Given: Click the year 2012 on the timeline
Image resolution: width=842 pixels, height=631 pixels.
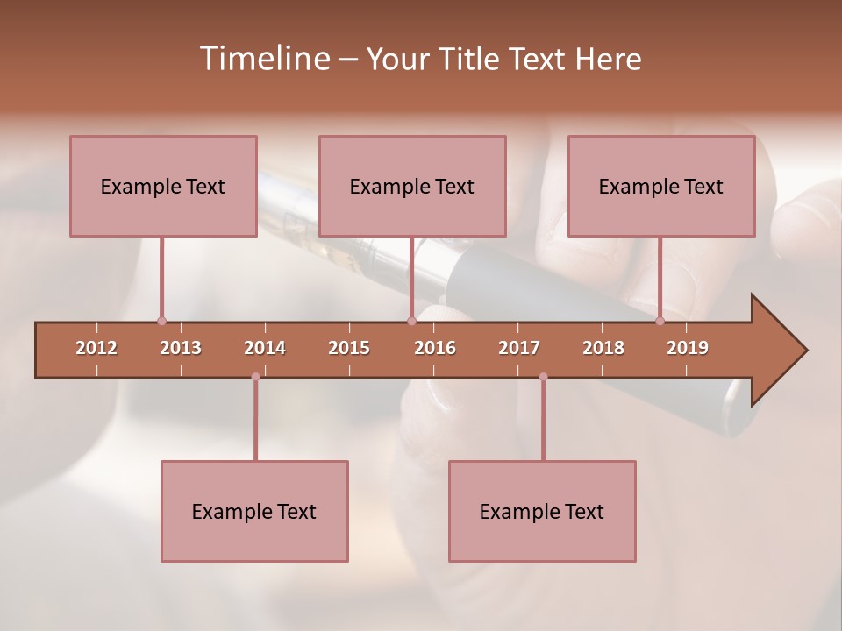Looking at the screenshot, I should click(x=96, y=348).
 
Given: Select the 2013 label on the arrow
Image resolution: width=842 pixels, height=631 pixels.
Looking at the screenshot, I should click(x=181, y=348).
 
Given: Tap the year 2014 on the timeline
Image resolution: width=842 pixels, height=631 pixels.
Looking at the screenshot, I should click(x=265, y=348).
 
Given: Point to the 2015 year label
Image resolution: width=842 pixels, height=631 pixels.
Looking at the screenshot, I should click(x=349, y=348).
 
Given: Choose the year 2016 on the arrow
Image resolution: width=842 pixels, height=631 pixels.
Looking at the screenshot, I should click(x=435, y=348).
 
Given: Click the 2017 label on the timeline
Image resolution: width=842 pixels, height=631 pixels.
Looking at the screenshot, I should click(x=519, y=348).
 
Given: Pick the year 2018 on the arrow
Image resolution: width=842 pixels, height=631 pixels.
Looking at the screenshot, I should click(x=603, y=348).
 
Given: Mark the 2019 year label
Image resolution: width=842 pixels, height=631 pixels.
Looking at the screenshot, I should click(x=688, y=348).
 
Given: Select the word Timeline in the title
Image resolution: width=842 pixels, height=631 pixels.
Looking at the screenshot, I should click(x=264, y=59).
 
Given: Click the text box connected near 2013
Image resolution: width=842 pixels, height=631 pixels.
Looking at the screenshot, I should click(x=163, y=186).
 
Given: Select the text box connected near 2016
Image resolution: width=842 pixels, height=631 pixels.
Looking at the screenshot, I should click(x=412, y=186).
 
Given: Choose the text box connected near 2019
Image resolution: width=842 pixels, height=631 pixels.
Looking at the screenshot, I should click(x=661, y=186).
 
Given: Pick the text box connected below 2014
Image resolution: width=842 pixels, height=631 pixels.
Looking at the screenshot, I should click(x=254, y=511).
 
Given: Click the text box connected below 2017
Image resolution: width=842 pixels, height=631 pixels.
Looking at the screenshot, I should click(x=542, y=511).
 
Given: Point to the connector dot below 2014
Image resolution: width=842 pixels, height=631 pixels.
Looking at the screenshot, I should click(x=255, y=377).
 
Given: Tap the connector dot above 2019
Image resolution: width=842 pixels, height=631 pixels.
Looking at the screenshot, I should click(x=660, y=321).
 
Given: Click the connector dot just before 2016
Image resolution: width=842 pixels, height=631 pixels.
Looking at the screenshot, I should click(x=411, y=321).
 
